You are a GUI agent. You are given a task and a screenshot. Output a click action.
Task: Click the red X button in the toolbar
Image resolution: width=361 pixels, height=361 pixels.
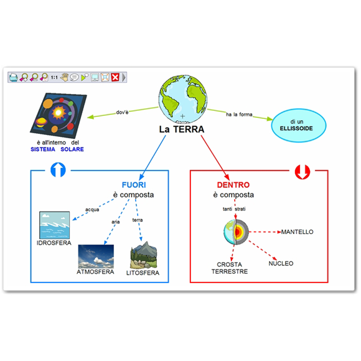115,77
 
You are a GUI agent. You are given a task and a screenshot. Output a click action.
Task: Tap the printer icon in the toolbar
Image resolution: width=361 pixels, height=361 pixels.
13,77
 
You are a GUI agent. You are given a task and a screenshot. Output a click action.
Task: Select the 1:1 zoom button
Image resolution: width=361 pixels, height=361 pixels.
54,77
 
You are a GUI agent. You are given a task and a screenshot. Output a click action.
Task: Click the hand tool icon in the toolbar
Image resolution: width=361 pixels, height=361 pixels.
65,77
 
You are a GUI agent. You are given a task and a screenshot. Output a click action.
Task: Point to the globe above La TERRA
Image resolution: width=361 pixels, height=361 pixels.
183,99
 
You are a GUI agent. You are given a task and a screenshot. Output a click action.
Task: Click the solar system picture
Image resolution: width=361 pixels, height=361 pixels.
59,115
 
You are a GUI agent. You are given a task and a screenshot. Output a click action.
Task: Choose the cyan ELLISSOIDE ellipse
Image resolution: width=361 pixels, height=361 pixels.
299,125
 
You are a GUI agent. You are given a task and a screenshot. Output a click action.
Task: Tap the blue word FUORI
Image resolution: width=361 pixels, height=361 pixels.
134,185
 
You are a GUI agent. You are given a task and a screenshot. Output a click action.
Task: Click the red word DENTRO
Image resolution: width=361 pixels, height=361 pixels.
233,185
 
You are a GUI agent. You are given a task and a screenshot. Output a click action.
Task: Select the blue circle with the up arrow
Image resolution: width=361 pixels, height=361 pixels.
58,170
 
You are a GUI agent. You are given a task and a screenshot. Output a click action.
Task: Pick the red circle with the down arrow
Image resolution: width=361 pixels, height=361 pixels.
302,172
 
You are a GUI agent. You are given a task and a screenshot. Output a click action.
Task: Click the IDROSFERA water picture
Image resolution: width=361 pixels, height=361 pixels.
54,225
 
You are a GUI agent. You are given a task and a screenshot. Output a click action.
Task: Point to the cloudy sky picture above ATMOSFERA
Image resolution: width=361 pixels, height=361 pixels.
96,256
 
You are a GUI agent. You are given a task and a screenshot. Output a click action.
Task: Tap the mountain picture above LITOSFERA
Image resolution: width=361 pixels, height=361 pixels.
143,255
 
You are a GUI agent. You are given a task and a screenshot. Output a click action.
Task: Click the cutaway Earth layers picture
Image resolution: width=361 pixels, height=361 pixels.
237,232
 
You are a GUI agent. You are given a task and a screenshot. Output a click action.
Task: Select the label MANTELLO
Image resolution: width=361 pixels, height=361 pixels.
298,232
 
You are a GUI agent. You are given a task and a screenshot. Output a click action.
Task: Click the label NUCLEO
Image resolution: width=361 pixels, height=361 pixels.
281,263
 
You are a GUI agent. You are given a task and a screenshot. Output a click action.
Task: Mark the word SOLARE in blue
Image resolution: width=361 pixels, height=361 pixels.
72,149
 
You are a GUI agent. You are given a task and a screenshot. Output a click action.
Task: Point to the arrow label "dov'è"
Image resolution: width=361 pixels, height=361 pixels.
122,112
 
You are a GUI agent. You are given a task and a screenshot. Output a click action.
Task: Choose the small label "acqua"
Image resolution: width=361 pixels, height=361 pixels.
92,210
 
